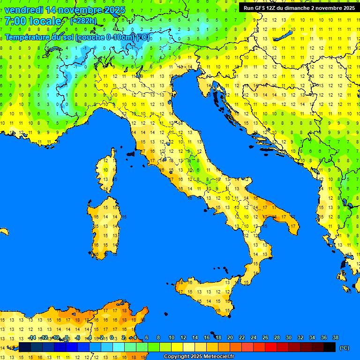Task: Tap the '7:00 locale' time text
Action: [33, 21]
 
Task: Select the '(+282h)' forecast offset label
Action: [83, 21]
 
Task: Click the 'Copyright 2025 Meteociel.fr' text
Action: [199, 357]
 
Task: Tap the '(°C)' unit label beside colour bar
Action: [345, 348]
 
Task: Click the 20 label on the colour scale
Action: [230, 337]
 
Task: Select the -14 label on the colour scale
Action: [32, 337]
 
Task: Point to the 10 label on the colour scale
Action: [172, 337]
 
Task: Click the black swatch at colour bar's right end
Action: [330, 347]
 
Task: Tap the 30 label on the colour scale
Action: [288, 337]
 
